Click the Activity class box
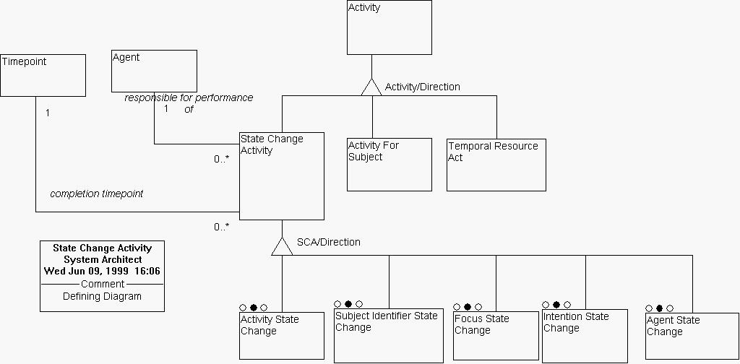point(389,27)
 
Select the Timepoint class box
point(43,75)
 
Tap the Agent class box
point(154,71)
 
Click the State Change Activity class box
point(281,175)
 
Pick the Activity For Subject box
point(389,165)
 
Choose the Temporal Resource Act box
point(496,165)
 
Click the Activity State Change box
point(281,335)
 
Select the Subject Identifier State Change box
point(388,335)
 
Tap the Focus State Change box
point(496,335)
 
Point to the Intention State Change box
point(585,335)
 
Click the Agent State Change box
point(692,337)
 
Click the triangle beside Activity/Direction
point(371,87)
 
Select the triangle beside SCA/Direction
point(282,246)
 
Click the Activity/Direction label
point(422,87)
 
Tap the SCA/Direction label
point(328,242)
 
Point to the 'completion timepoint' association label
point(96,194)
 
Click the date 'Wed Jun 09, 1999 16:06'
point(102,272)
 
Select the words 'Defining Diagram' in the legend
point(102,296)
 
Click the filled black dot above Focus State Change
point(468,306)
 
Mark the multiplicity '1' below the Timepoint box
point(48,113)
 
